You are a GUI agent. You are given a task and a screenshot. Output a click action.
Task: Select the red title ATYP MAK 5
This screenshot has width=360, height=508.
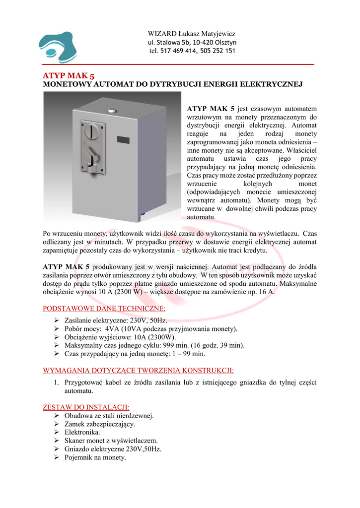click(69, 76)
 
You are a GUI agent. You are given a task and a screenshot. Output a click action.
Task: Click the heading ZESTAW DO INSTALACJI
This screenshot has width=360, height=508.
click(86, 407)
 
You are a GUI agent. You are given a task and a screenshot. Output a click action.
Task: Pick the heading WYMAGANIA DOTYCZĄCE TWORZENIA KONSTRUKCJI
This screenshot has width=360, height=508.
click(138, 370)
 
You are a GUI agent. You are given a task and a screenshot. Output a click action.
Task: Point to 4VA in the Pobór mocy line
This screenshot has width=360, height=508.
click(112, 329)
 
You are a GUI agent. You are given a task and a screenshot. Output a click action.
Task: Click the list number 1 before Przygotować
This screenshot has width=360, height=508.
click(56, 382)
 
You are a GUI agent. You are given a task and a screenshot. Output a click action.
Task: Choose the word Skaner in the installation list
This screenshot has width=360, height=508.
click(75, 441)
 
